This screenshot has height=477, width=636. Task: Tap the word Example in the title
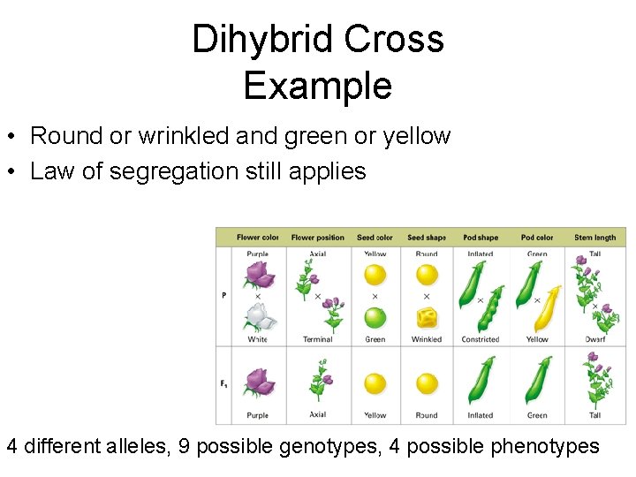coord(317,87)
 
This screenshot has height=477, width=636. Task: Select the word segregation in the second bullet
coord(190,170)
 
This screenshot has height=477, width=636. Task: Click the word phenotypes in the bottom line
coord(544,446)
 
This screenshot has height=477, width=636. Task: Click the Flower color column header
coord(257,237)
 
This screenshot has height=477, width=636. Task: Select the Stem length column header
coord(594,237)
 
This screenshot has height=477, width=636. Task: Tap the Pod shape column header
coord(481,237)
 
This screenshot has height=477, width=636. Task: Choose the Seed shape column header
coord(427,237)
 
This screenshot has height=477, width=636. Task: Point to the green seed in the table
coord(375,318)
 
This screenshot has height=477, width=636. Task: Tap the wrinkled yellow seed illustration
coord(427,318)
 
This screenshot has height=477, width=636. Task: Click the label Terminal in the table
coord(317,339)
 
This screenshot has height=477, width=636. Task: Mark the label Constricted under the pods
coord(481,339)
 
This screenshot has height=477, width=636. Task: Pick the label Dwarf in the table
coord(594,339)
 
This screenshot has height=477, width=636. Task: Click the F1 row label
coord(224,383)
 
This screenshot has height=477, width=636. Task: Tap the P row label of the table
coord(223,295)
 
